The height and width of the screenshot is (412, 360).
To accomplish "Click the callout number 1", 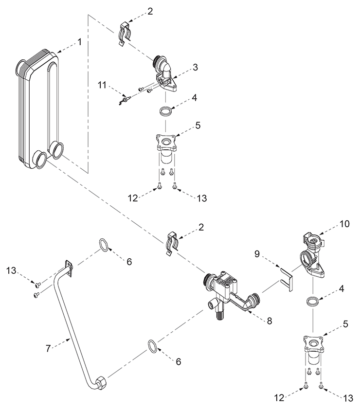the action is (79, 42).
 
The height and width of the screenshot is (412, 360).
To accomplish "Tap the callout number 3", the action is (195, 67).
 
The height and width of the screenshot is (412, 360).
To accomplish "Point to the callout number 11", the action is (102, 85).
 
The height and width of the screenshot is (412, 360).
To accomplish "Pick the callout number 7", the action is (48, 349).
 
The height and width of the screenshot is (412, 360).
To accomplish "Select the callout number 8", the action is (270, 321).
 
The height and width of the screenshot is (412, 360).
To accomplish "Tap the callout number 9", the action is (257, 254).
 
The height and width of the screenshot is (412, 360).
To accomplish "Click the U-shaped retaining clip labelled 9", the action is (287, 279).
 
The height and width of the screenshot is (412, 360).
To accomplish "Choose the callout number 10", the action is (344, 224).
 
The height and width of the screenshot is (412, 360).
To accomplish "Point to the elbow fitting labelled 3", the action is (163, 76).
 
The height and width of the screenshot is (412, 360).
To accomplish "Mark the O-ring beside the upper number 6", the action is (104, 245).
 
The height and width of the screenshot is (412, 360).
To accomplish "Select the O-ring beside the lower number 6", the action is (153, 346).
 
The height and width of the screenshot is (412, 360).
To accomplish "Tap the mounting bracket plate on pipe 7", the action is (69, 268).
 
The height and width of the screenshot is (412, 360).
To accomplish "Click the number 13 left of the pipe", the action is (11, 270).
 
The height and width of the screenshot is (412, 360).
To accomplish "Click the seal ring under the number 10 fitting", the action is (313, 301).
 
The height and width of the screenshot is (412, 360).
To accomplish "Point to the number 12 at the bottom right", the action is (280, 398).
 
